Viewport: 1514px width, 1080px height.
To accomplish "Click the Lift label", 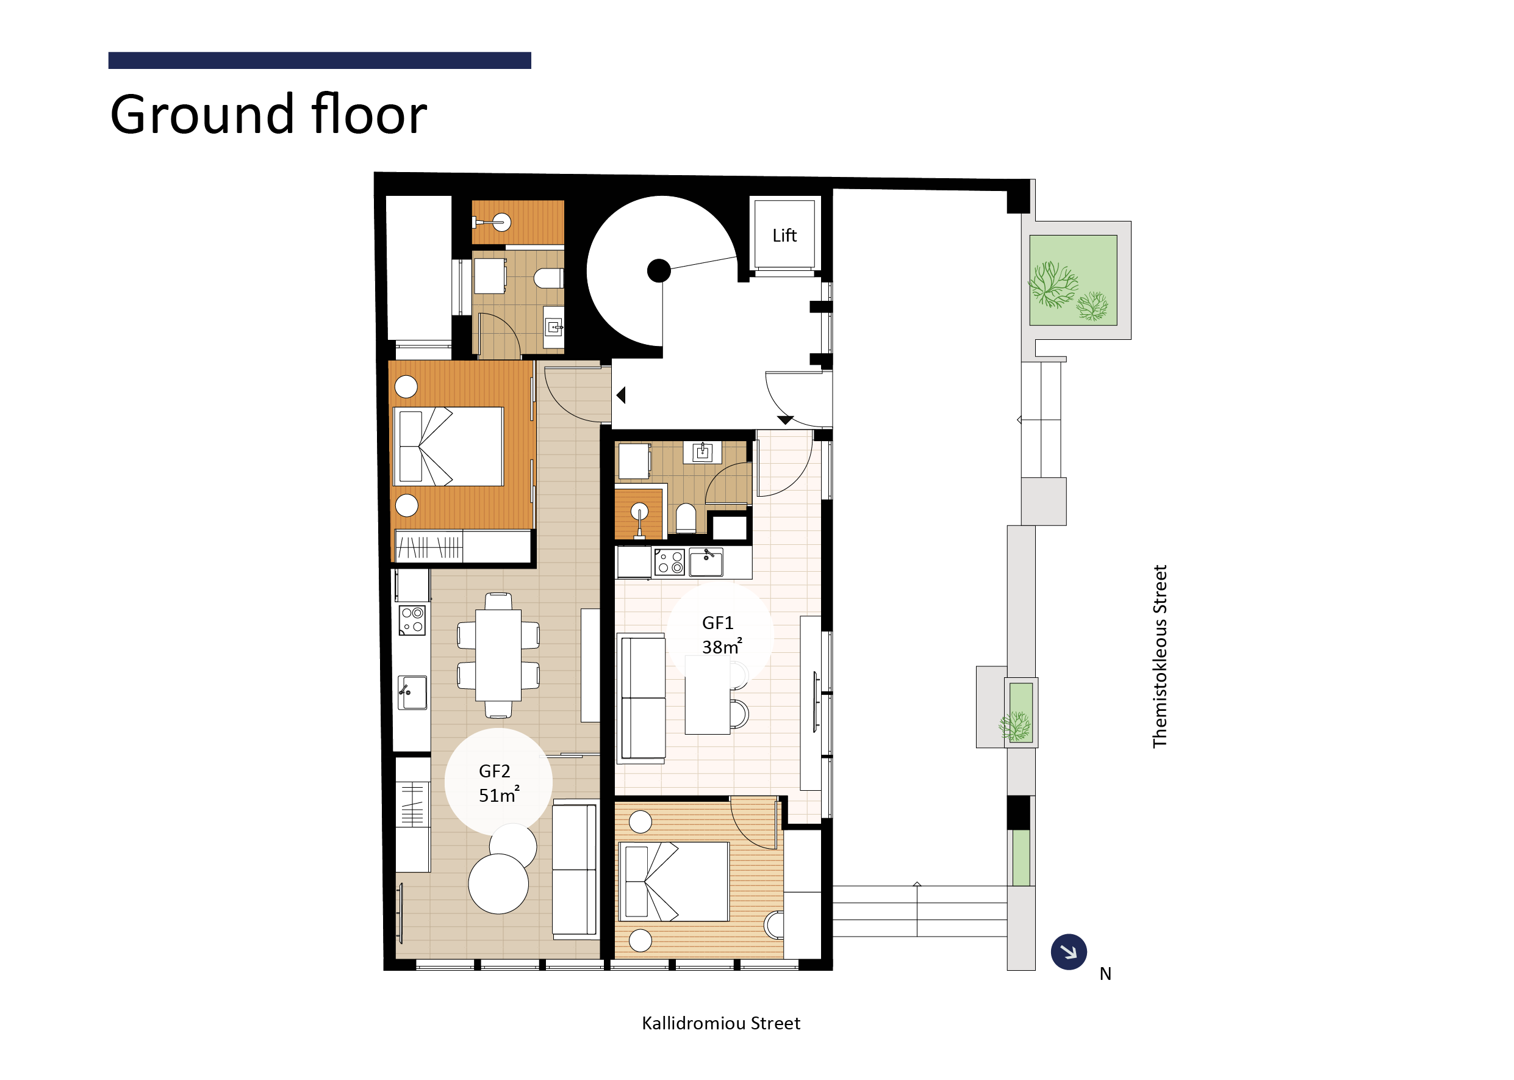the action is point(784,236).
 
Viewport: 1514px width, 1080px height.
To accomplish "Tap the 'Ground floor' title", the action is point(268,114).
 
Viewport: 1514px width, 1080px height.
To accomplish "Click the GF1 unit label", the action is point(717,623).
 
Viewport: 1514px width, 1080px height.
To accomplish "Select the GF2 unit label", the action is point(494,771).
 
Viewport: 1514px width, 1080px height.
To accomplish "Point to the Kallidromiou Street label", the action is point(721,1023).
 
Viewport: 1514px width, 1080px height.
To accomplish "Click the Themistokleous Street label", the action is point(1160,657).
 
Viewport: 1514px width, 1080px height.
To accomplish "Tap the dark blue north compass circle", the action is point(1069,952).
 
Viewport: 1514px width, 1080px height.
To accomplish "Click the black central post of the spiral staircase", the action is point(659,271).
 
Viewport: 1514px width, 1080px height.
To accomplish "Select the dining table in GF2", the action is point(498,655).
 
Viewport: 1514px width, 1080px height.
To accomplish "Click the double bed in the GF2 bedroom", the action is point(448,447).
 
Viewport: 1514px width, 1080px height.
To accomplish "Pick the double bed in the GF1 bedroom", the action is point(673,882).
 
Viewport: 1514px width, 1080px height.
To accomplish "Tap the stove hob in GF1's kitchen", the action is point(670,562).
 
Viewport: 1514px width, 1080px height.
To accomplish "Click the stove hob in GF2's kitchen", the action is point(412,621).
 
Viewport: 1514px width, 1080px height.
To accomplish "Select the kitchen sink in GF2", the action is point(412,693).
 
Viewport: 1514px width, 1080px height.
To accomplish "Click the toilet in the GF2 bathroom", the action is point(548,278).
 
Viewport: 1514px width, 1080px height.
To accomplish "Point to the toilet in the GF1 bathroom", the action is point(686,519).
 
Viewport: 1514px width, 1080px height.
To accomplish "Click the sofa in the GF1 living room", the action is point(642,697).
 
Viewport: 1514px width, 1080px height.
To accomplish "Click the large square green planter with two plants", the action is point(1072,280).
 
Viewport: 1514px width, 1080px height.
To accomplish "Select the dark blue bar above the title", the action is point(319,60).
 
